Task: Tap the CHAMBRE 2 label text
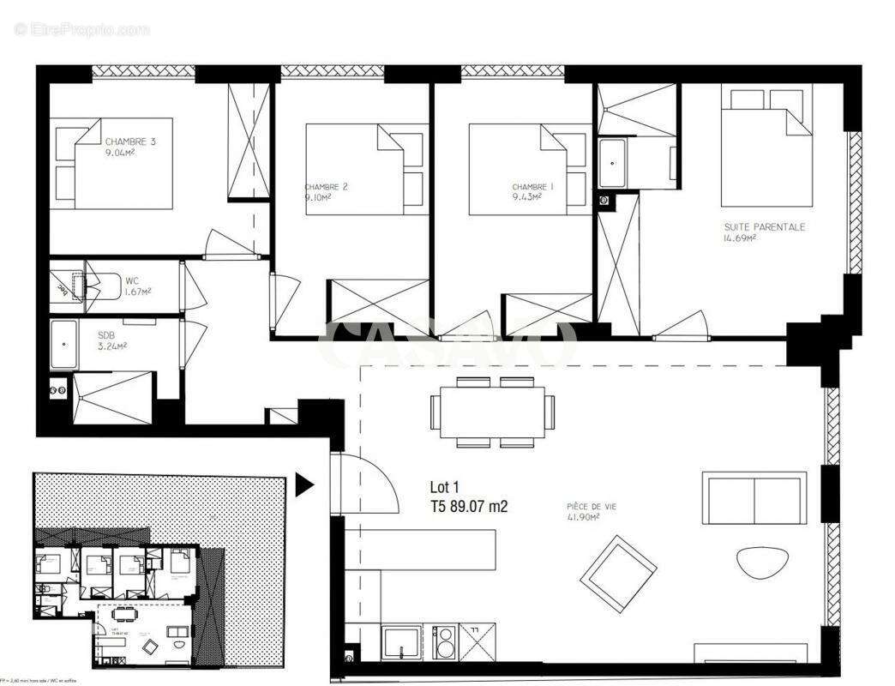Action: [326, 191]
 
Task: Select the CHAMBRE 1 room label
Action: [533, 191]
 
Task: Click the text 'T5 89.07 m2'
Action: [469, 507]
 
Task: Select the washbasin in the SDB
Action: [65, 344]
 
